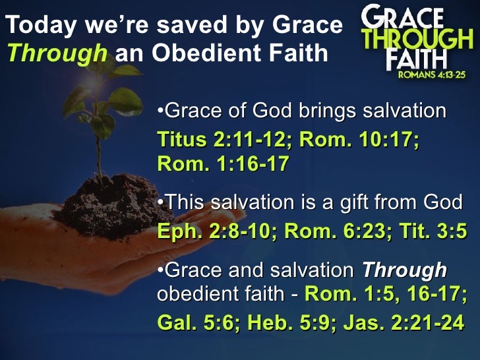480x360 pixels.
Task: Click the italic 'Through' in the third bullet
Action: click(x=405, y=270)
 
